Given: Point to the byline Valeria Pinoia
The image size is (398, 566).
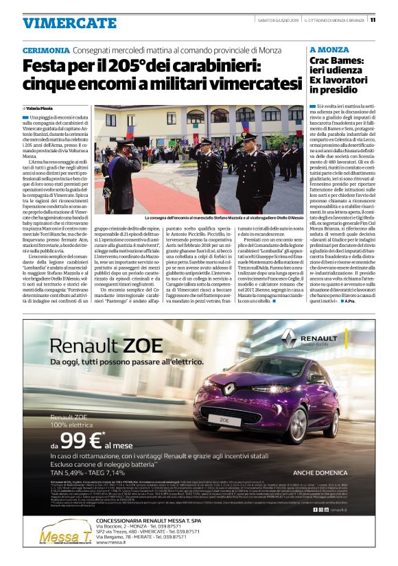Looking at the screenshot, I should point(42,108).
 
